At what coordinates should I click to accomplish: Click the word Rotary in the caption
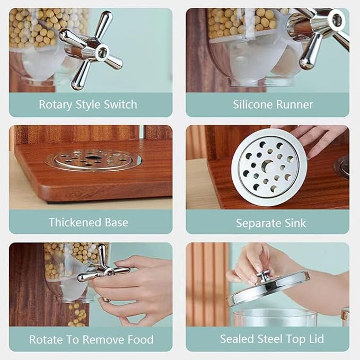[55, 104]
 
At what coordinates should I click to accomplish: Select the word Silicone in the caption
[252, 104]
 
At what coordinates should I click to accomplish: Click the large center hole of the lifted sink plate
[267, 165]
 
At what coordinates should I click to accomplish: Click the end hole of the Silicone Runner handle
[337, 20]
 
